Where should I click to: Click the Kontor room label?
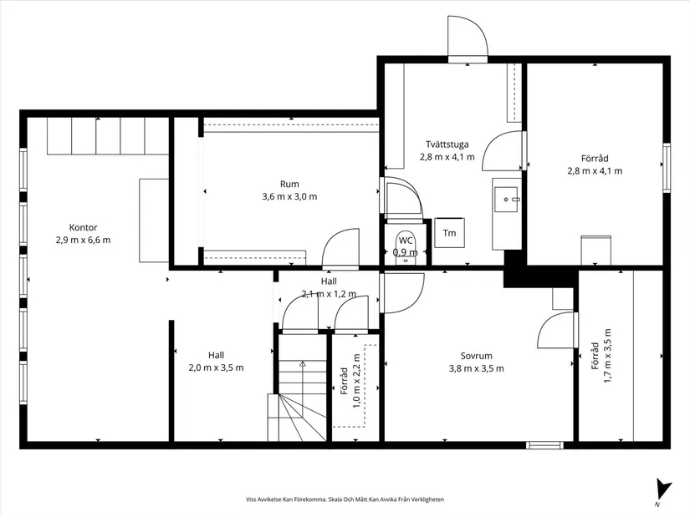pyautogui.click(x=83, y=227)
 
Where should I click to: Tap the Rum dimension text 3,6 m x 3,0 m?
pyautogui.click(x=289, y=196)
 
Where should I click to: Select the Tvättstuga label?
pyautogui.click(x=447, y=144)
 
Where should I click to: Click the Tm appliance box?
pyautogui.click(x=449, y=232)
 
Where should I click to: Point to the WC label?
pyautogui.click(x=406, y=241)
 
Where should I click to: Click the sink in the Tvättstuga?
pyautogui.click(x=507, y=200)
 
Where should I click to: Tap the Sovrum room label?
pyautogui.click(x=476, y=356)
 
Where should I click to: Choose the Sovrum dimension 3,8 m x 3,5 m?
pyautogui.click(x=476, y=368)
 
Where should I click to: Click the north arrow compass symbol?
pyautogui.click(x=662, y=490)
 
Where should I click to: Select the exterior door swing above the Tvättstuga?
pyautogui.click(x=468, y=37)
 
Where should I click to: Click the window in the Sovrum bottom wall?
pyautogui.click(x=544, y=445)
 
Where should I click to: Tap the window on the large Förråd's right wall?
pyautogui.click(x=667, y=168)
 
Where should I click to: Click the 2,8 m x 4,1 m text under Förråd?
pyautogui.click(x=595, y=171)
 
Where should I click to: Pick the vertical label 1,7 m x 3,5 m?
pyautogui.click(x=607, y=356)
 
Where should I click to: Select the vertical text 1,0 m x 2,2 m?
pyautogui.click(x=356, y=382)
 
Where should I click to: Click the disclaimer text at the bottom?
pyautogui.click(x=345, y=499)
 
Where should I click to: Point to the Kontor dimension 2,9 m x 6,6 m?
pyautogui.click(x=83, y=240)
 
